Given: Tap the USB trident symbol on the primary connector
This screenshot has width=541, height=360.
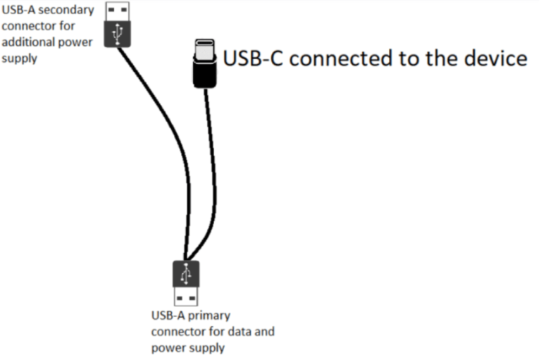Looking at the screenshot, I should (186, 273).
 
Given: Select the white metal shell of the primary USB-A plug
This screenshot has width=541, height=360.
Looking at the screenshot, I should (186, 296).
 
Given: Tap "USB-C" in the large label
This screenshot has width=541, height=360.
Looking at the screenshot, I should (253, 58).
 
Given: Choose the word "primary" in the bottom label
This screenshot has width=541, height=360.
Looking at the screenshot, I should (210, 316).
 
